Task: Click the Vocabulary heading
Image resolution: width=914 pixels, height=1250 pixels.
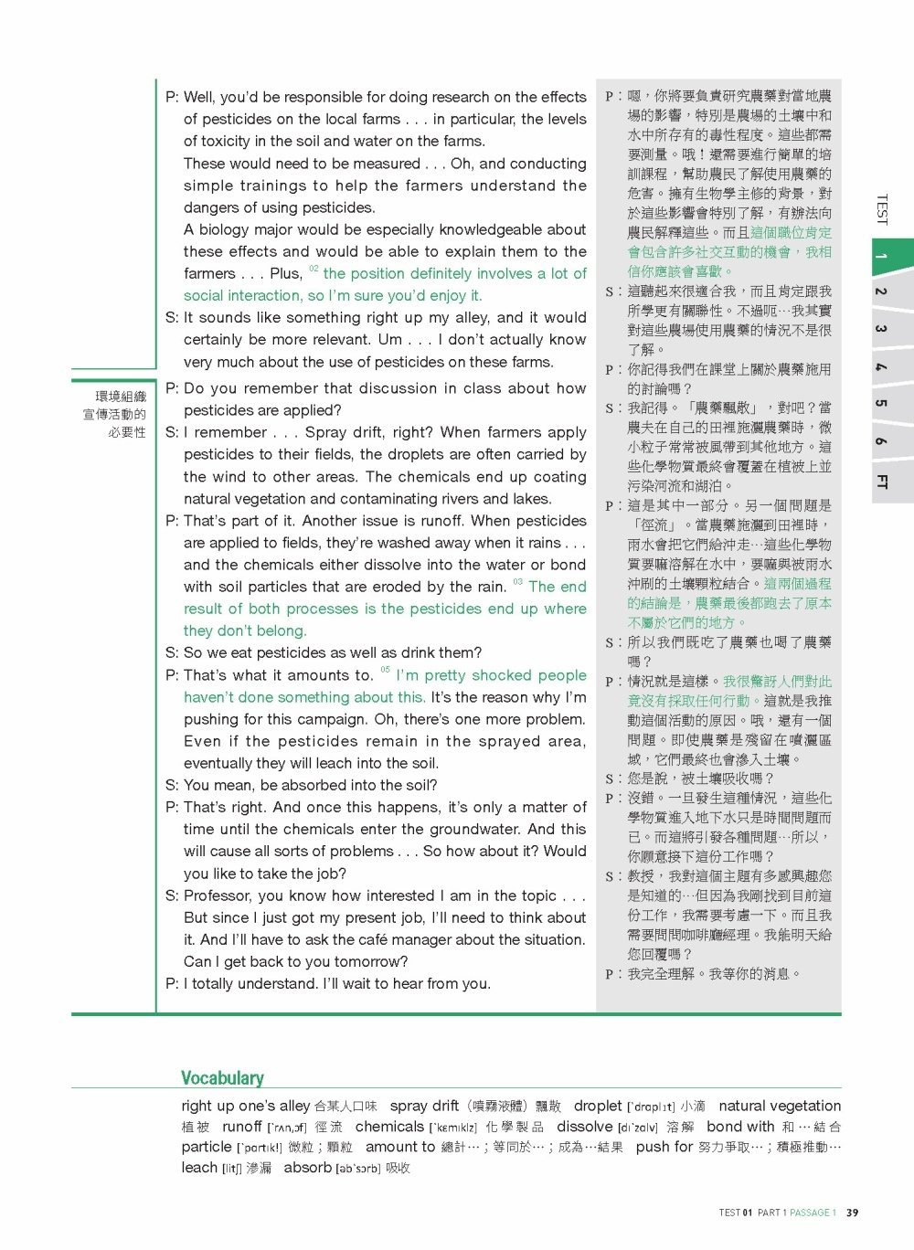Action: click(x=222, y=1078)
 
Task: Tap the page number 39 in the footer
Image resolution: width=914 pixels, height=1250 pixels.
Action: click(x=852, y=1213)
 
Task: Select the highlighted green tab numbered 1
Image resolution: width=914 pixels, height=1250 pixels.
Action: click(x=881, y=257)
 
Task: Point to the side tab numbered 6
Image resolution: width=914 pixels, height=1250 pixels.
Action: click(x=881, y=441)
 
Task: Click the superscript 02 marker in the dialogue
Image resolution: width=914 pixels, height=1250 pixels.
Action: click(x=314, y=270)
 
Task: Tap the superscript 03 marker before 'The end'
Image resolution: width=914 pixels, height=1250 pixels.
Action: click(x=517, y=582)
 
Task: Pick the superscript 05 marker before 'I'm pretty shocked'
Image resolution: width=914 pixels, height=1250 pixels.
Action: click(x=385, y=671)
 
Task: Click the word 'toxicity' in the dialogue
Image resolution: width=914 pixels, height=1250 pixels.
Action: click(x=224, y=141)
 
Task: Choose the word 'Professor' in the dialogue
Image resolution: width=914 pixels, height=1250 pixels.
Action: click(x=218, y=895)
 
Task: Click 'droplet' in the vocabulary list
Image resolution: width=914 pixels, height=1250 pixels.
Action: click(x=598, y=1106)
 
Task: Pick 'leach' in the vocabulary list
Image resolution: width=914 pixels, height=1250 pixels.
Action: click(x=199, y=1168)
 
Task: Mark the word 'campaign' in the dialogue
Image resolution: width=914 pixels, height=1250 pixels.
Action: click(x=327, y=719)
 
